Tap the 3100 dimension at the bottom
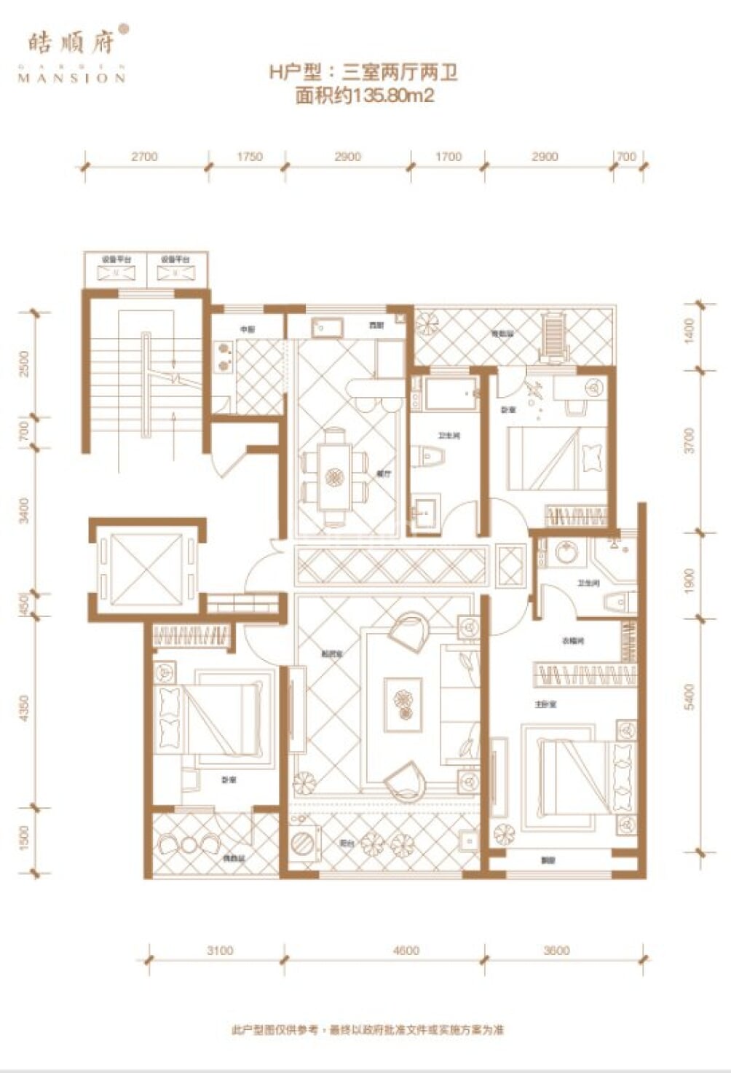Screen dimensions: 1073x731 click(220, 950)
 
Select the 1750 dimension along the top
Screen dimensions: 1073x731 click(249, 157)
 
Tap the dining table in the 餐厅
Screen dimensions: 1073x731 click(335, 477)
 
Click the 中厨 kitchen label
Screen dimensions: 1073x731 click(248, 329)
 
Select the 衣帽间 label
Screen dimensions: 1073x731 click(572, 641)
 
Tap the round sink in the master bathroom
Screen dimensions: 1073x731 click(565, 551)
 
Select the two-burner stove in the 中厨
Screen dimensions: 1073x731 click(224, 354)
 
